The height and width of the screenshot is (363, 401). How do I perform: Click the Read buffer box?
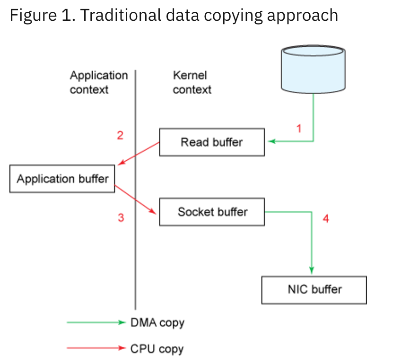pyautogui.click(x=211, y=142)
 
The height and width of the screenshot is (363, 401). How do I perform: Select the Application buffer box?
pyautogui.click(x=62, y=179)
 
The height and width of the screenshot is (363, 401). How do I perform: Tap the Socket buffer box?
pyautogui.click(x=212, y=212)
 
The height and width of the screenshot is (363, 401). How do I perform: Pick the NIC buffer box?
pyautogui.click(x=314, y=289)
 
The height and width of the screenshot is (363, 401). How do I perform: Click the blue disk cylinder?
pyautogui.click(x=313, y=68)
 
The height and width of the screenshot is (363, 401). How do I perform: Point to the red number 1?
pyautogui.click(x=298, y=128)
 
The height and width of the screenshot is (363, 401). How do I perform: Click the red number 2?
pyautogui.click(x=120, y=136)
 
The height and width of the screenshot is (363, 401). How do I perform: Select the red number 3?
pyautogui.click(x=121, y=218)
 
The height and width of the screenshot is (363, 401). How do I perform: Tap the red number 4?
pyautogui.click(x=325, y=218)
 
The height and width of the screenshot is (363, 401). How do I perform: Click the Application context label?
pyautogui.click(x=99, y=82)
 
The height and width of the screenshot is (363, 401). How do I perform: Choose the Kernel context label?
pyautogui.click(x=192, y=82)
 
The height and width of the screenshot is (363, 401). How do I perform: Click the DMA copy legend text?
pyautogui.click(x=157, y=323)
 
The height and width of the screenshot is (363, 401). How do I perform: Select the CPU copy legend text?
pyautogui.click(x=157, y=349)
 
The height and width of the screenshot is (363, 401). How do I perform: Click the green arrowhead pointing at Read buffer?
pyautogui.click(x=270, y=141)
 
